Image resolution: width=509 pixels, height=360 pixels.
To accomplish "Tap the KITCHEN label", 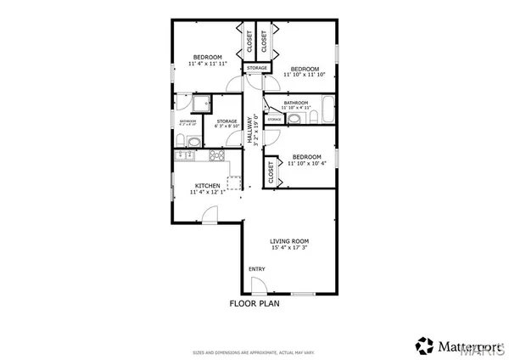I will pos(208,186).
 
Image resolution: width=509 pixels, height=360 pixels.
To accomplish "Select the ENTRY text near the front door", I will pos(255,270).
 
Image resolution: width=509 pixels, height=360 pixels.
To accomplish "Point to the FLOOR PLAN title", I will pos(255,302).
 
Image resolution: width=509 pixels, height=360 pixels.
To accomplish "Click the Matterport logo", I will pos(458,346).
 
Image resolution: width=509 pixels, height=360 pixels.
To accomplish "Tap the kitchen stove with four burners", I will pos(216,155).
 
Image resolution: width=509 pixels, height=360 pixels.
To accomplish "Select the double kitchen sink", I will pos(188,156).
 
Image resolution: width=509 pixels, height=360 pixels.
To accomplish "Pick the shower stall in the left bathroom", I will pos(201,104).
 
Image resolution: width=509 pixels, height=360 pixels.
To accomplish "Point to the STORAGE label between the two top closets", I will pos(257,68).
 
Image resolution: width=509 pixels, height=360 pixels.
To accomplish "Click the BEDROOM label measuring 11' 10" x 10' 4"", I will pos(305,157).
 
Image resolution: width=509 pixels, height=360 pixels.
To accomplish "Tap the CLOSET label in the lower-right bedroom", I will pos(272,173).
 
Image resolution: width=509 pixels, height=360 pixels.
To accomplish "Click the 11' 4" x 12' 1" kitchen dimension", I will pos(208,194).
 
